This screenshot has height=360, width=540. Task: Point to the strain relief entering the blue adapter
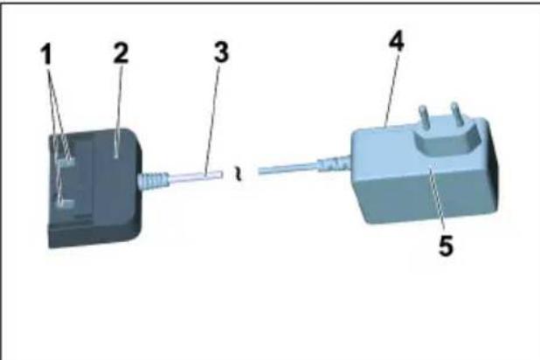[336, 162]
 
